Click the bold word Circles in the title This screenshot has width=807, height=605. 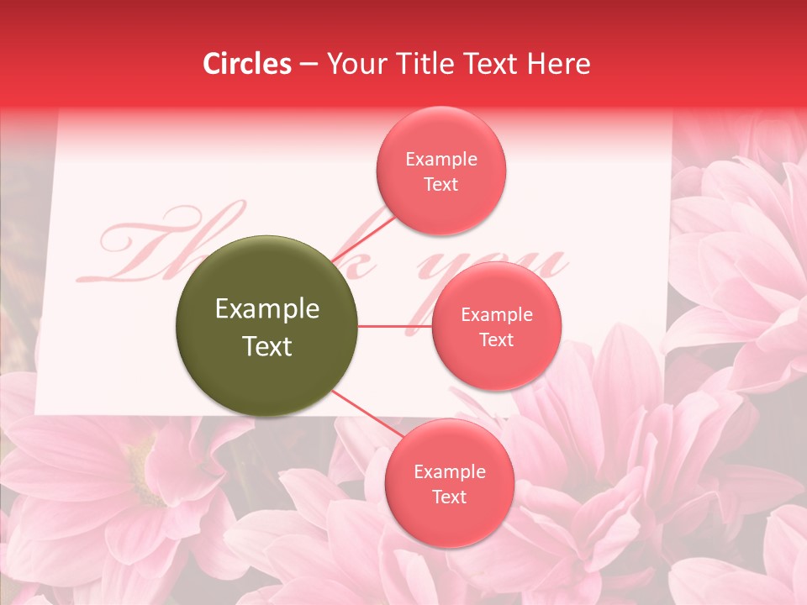coord(247,64)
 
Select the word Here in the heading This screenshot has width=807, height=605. coord(559,64)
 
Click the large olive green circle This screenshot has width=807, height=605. coord(266,326)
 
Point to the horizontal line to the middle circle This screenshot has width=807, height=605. coord(394,326)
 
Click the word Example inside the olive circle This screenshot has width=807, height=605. coord(267,309)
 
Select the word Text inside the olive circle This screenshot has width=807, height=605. coord(267,346)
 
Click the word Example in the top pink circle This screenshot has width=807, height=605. coord(441,160)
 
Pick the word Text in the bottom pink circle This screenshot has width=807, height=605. coord(449,497)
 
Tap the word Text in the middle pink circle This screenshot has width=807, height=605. coord(496,339)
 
